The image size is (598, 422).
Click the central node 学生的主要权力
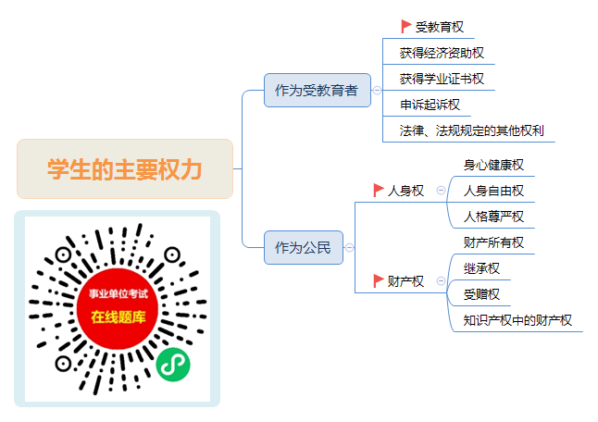(x=125, y=168)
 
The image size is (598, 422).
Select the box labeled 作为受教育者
(x=318, y=91)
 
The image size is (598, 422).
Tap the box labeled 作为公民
(x=304, y=247)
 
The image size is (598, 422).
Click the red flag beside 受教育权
(x=405, y=26)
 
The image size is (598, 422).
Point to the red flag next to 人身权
(x=379, y=190)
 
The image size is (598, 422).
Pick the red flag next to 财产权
(x=379, y=280)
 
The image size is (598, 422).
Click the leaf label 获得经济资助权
(x=442, y=53)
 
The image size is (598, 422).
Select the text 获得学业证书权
(x=442, y=79)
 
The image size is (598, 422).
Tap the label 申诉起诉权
(x=430, y=105)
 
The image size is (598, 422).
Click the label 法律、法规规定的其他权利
(x=472, y=130)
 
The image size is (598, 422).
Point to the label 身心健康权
(x=493, y=165)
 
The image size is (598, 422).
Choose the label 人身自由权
(x=493, y=191)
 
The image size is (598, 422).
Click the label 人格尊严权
(x=493, y=217)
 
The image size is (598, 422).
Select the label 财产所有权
(x=493, y=242)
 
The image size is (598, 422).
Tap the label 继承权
(x=481, y=268)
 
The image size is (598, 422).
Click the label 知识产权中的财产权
(x=517, y=320)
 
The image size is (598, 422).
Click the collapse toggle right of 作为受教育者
(x=377, y=91)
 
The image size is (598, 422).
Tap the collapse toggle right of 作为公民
(x=349, y=247)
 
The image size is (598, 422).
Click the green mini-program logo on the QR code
(x=173, y=365)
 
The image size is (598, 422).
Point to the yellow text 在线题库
(x=118, y=317)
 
